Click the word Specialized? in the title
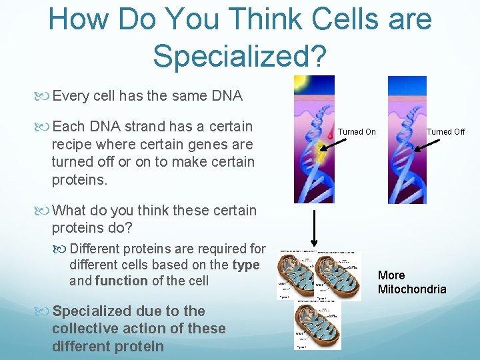pos(240,55)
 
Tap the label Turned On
pos(357,132)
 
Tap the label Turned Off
pos(446,132)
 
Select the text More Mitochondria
pos(411,282)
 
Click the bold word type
pos(246,265)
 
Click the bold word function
pos(122,281)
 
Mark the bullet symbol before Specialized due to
pos(44,311)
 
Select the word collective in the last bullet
pos(81,328)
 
